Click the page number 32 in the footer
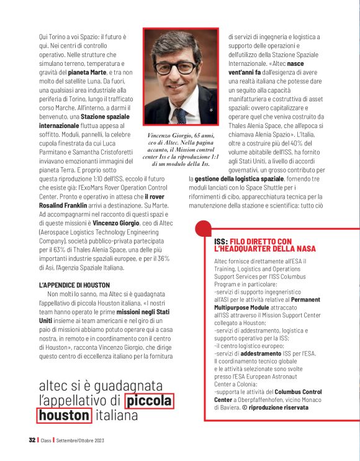pyautogui.click(x=32, y=440)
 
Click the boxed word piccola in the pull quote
pyautogui.click(x=149, y=401)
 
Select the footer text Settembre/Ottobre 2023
pyautogui.click(x=79, y=440)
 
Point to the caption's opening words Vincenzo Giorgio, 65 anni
pyautogui.click(x=180, y=135)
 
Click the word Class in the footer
pyautogui.click(x=47, y=440)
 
